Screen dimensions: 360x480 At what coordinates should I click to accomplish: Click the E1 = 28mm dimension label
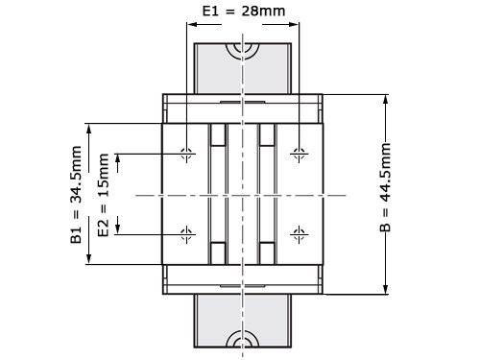(243, 12)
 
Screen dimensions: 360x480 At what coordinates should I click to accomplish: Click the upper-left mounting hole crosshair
(186, 154)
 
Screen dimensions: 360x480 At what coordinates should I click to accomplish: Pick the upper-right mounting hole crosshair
(300, 154)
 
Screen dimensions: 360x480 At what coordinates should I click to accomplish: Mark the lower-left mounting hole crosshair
(186, 232)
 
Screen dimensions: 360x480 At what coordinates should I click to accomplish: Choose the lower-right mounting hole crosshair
(300, 232)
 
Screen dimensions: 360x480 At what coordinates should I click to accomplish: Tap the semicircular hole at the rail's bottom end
(243, 341)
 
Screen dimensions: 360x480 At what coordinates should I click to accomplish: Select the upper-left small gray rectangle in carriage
(218, 135)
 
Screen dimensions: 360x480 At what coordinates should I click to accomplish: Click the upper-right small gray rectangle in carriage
(268, 135)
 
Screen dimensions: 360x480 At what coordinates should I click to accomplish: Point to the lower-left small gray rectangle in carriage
(218, 252)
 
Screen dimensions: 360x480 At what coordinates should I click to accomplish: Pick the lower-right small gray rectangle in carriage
(268, 252)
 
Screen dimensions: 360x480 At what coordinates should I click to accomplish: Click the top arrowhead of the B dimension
(386, 99)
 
